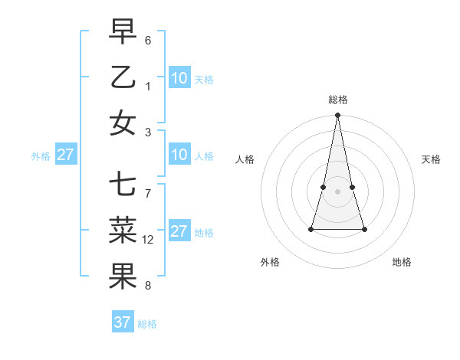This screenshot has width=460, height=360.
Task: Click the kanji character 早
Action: pyautogui.click(x=123, y=32)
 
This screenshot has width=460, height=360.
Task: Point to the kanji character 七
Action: pyautogui.click(x=123, y=185)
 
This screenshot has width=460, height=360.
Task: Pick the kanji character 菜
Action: pyautogui.click(x=123, y=231)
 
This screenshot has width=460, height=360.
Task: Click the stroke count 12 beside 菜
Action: pyautogui.click(x=148, y=240)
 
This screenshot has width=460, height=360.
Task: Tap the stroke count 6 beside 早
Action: pyautogui.click(x=147, y=40)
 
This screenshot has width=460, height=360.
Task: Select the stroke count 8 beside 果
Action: pyautogui.click(x=147, y=286)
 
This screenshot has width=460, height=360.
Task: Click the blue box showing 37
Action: pyautogui.click(x=123, y=322)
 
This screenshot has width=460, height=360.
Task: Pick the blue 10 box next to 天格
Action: pyautogui.click(x=179, y=78)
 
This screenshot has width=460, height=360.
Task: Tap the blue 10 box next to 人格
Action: pyautogui.click(x=179, y=155)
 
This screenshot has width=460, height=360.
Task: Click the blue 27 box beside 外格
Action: pyautogui.click(x=65, y=155)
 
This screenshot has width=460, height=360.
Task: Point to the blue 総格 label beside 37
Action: pyautogui.click(x=148, y=324)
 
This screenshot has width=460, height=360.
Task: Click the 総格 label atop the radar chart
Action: pyautogui.click(x=337, y=100)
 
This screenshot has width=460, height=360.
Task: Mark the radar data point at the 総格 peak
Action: pyautogui.click(x=337, y=116)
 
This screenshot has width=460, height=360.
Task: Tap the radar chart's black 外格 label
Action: pyautogui.click(x=270, y=263)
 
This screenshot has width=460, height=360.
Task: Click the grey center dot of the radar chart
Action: pyautogui.click(x=337, y=191)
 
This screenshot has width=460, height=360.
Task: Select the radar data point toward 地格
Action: pyautogui.click(x=364, y=229)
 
